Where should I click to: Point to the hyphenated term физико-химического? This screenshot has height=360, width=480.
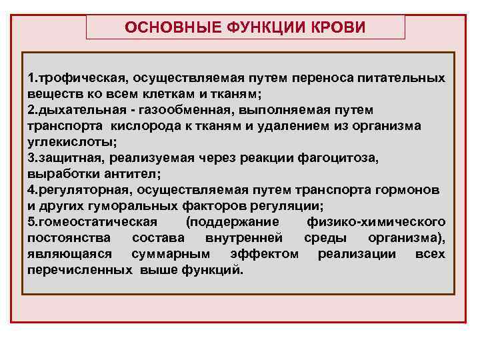376,221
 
